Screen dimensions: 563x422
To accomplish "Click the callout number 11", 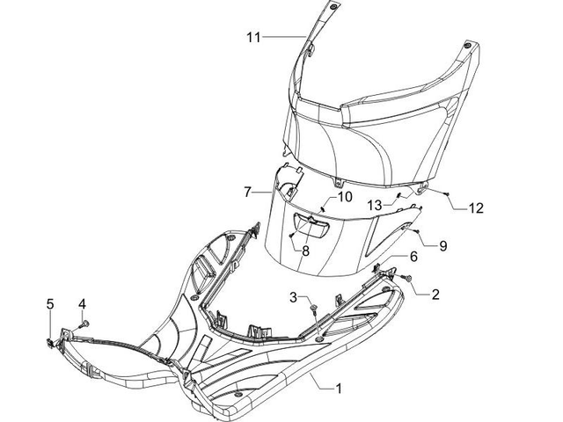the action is (253, 37).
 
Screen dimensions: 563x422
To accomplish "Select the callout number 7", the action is (247, 193).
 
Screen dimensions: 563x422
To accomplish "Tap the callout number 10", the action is (344, 197).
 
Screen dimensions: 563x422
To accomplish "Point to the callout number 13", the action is (375, 206).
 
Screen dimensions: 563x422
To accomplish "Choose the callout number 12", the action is (476, 208).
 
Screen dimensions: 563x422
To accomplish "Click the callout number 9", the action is (443, 246).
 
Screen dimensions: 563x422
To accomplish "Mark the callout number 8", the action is (305, 251).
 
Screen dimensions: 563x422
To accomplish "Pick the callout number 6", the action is (413, 257).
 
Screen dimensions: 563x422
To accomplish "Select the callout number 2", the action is (435, 295).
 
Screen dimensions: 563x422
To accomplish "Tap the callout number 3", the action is (294, 297).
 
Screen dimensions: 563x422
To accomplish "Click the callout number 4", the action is (82, 304).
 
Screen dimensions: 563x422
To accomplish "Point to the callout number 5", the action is (50, 304).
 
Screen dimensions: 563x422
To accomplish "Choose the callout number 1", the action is (338, 389).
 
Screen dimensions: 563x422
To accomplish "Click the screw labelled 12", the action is (447, 194).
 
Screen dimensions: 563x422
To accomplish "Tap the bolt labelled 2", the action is (407, 278).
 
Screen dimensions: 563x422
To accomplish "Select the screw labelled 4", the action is (84, 324).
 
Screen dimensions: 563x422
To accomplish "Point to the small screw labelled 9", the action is (416, 231).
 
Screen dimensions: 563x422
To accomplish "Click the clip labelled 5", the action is (51, 342).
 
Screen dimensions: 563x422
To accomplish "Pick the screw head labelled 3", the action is (314, 307).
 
